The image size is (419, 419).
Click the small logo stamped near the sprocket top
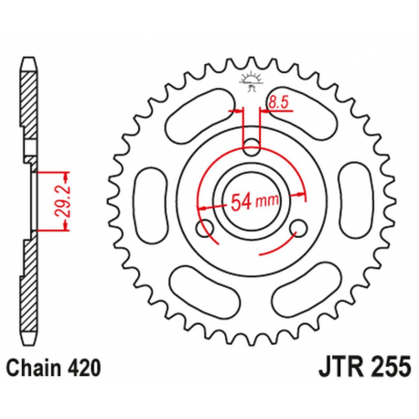250,78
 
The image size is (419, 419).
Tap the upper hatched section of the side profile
29,119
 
